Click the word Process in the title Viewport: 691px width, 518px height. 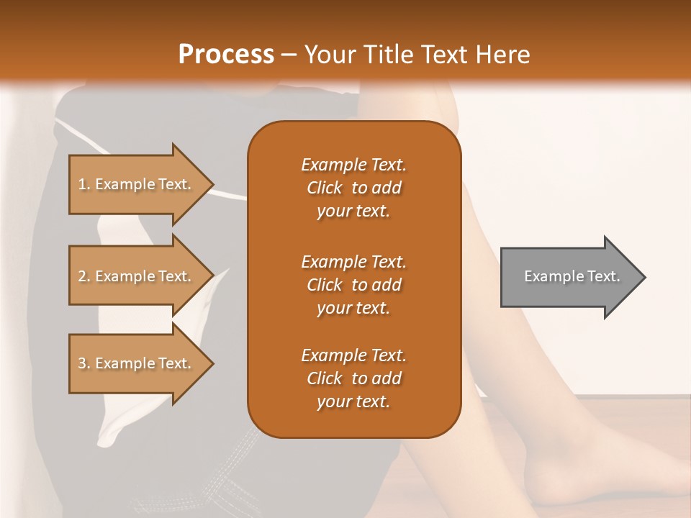226,55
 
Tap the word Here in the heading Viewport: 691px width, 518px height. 502,55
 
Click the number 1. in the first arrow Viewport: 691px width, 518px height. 84,184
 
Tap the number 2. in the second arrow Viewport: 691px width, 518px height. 84,276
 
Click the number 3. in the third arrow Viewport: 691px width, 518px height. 84,363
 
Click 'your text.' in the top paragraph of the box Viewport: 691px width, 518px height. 353,212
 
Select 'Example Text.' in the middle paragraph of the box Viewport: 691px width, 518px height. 353,261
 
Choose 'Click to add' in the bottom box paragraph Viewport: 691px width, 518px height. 353,378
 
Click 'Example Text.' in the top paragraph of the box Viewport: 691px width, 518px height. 353,165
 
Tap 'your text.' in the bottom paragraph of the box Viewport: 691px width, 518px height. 353,402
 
